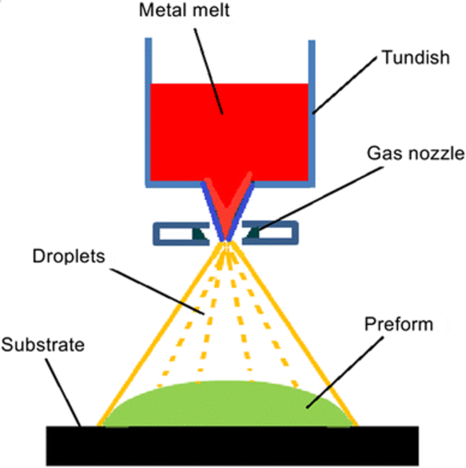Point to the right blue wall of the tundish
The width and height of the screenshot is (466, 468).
[x=313, y=104]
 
